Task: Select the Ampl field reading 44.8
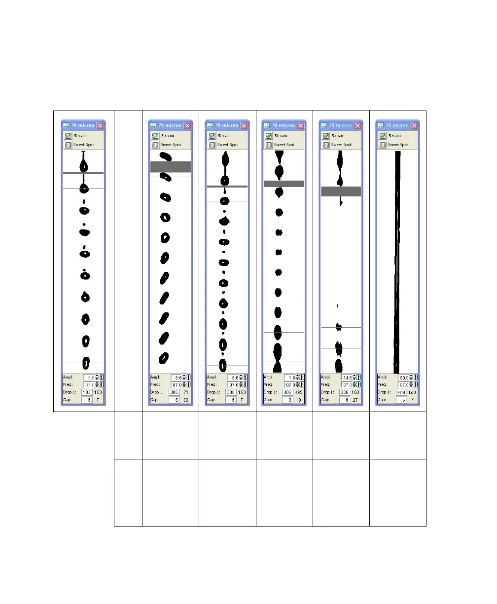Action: click(348, 377)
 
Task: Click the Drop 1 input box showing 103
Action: click(87, 392)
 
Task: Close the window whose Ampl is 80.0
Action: click(414, 125)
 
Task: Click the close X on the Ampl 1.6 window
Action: click(300, 125)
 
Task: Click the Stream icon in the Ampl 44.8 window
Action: click(325, 136)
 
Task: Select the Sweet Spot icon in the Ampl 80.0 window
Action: click(382, 145)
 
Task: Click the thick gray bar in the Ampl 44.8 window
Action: click(341, 191)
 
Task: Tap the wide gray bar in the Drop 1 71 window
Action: click(170, 167)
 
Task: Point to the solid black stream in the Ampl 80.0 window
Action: click(397, 262)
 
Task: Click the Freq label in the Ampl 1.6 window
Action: click(269, 385)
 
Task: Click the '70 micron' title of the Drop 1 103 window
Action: click(82, 125)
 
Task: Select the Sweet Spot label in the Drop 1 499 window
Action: click(284, 145)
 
